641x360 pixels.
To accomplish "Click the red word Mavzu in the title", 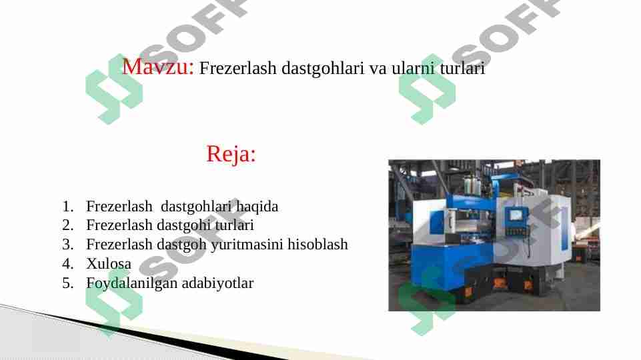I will point(157,67).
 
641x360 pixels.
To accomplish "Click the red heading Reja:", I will point(231,155).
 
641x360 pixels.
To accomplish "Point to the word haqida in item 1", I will point(257,206).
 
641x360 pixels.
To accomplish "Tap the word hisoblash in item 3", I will point(317,245).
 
